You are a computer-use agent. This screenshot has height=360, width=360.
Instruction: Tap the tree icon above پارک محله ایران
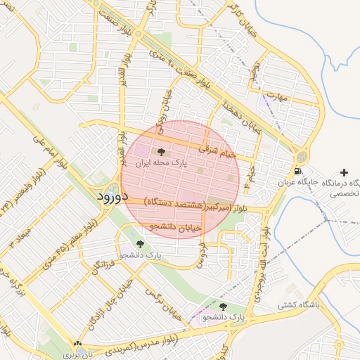161,151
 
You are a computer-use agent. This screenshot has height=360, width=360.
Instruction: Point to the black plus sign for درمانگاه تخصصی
343,172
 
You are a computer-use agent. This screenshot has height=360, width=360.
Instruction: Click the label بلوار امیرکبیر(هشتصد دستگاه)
197,205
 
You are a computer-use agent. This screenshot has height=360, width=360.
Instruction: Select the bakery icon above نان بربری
77,344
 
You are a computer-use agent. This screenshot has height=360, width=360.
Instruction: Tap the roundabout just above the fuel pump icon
301,155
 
